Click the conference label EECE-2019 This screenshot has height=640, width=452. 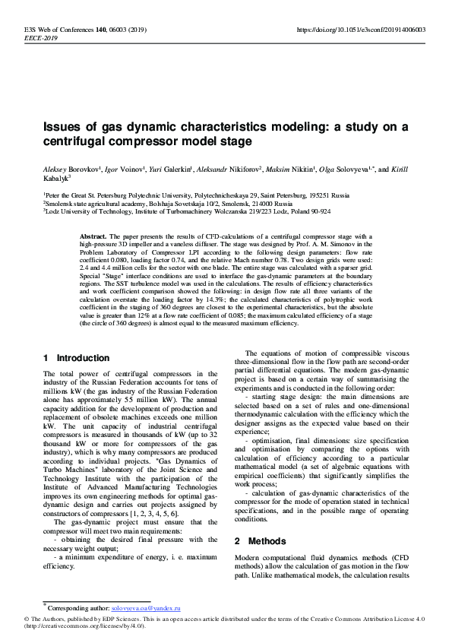click(40, 37)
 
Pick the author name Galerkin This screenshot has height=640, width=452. click(173, 169)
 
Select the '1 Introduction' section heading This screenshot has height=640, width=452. click(76, 358)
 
